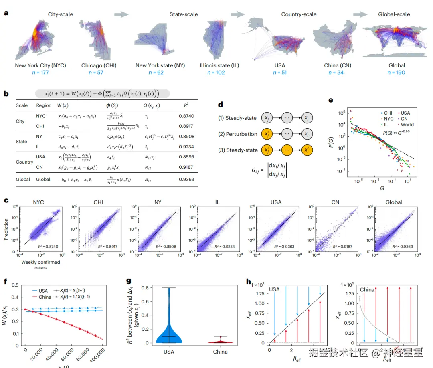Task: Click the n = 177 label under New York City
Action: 40,73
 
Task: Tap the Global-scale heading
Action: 394,14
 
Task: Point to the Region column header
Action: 44,105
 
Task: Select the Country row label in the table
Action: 24,162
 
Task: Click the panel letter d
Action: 220,105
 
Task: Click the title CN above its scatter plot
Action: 335,202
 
